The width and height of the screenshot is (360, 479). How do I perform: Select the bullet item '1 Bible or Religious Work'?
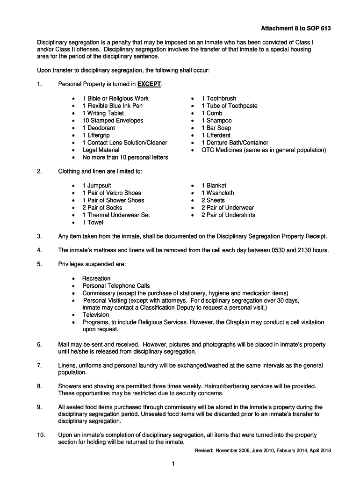(115, 98)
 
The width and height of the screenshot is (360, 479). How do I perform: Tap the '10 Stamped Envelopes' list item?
(113, 120)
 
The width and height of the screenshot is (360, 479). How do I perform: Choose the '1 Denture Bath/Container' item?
(235, 143)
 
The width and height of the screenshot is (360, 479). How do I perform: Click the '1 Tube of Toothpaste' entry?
(229, 106)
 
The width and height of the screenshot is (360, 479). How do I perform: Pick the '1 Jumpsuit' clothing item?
(97, 185)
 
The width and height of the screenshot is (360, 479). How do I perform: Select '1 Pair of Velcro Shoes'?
(112, 193)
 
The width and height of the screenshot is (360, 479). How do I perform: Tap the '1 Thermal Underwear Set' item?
(116, 215)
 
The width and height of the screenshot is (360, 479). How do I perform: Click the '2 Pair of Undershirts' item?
(228, 215)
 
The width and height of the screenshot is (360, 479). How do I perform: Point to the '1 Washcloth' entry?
(218, 193)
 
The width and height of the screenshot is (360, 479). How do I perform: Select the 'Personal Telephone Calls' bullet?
(116, 286)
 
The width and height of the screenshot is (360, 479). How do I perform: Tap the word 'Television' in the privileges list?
(96, 315)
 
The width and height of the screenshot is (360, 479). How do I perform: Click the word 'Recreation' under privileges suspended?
(96, 278)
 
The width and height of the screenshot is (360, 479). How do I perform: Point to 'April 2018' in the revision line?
(319, 450)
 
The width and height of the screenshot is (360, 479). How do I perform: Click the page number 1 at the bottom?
(173, 464)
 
